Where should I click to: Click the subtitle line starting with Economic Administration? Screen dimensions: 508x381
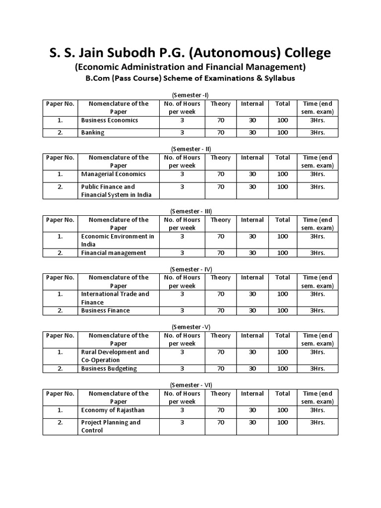pos(190,67)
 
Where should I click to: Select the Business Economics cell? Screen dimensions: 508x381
pos(109,120)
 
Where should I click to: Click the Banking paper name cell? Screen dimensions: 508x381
pos(93,132)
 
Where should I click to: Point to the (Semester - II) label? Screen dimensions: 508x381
pos(190,148)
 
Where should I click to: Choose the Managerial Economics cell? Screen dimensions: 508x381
pos(113,174)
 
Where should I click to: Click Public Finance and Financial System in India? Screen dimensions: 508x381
pos(116,190)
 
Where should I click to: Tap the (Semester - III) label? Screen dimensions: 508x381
pos(190,211)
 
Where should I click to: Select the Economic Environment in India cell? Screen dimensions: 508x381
pos(118,240)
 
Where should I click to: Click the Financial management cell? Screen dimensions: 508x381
pos(114,253)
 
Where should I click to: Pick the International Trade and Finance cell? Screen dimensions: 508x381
pos(115,298)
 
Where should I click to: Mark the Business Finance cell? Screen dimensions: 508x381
pos(105,311)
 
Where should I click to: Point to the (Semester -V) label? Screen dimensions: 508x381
pos(190,326)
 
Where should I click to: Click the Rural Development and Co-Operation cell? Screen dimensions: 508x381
pos(115,356)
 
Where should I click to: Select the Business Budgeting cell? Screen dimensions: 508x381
pos(109,369)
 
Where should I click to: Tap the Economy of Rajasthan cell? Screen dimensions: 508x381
pos(113,410)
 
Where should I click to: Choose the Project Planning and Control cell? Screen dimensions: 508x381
pos(111,426)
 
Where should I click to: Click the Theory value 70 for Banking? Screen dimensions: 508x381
pos(220,132)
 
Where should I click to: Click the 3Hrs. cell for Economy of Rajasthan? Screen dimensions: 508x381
pos(317,410)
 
